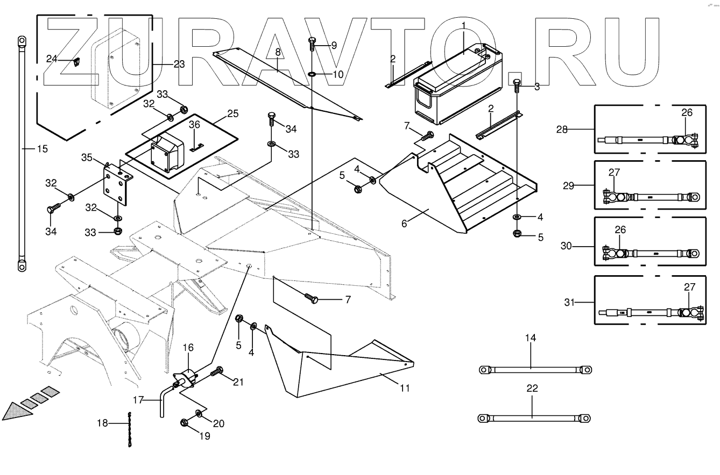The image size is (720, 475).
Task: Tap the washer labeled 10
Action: [313, 74]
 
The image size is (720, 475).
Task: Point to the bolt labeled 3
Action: [517, 86]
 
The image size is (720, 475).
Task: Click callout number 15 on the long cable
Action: [43, 148]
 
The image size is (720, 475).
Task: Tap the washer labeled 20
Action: [199, 413]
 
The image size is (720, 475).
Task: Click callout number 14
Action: [531, 338]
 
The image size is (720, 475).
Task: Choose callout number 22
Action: [532, 388]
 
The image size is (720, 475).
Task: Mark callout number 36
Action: [194, 124]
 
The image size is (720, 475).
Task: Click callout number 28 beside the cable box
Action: [562, 129]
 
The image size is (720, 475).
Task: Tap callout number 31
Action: [569, 303]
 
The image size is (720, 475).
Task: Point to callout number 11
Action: [404, 387]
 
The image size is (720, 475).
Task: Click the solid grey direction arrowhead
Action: [14, 411]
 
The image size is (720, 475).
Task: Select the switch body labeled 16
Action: [187, 379]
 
